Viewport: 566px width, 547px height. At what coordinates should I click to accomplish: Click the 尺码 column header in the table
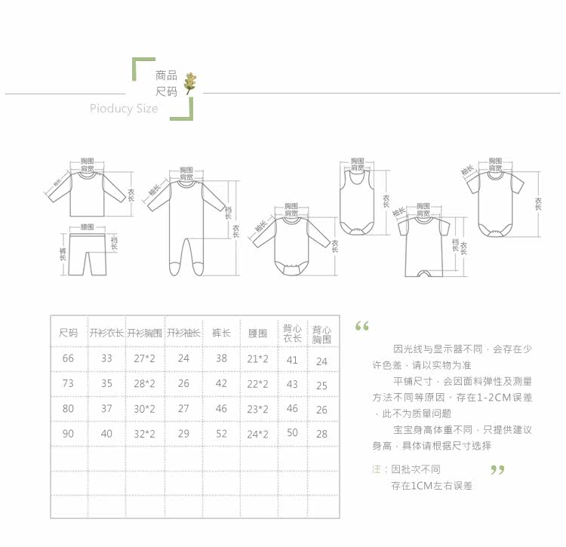68,333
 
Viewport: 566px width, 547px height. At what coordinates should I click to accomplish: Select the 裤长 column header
220,333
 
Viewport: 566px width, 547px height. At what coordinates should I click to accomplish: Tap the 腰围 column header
257,333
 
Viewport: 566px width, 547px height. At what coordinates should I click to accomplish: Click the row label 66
68,359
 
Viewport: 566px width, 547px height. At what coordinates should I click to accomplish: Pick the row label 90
68,434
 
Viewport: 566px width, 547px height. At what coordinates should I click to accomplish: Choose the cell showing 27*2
144,359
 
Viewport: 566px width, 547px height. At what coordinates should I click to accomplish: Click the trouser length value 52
220,434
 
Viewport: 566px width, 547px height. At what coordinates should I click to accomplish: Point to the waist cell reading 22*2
258,384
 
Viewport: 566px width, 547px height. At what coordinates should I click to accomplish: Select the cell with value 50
292,433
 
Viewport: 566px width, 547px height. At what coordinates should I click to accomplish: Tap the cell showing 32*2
144,434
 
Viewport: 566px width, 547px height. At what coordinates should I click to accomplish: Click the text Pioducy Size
124,109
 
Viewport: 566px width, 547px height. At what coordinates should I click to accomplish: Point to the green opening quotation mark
361,327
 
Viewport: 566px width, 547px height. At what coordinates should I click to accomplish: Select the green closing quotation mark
497,471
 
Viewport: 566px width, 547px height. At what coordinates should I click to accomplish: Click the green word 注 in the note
376,469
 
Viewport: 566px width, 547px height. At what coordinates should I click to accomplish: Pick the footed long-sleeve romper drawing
185,219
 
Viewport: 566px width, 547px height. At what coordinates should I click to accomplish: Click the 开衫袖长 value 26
183,384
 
